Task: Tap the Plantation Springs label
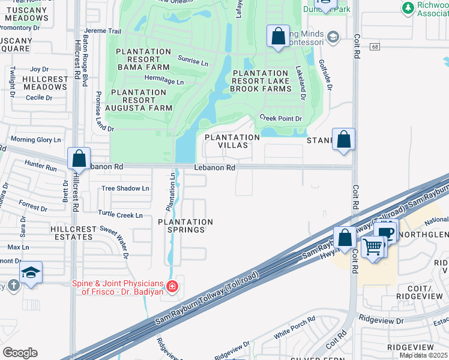click(185, 226)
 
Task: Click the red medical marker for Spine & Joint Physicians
click(173, 287)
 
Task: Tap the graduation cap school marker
click(31, 272)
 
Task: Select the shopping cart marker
click(373, 245)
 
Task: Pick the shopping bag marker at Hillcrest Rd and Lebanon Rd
click(79, 159)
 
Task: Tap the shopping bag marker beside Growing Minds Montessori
click(278, 36)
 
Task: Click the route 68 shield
click(375, 47)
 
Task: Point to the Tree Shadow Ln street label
click(125, 188)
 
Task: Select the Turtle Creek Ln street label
click(121, 215)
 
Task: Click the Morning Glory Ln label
click(36, 140)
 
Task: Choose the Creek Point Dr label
click(280, 119)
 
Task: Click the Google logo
click(20, 353)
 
